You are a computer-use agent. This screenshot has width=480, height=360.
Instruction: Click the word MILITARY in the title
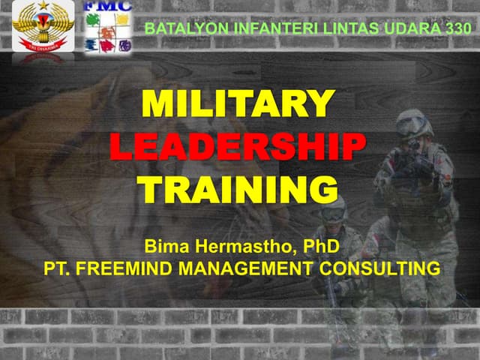point(238,104)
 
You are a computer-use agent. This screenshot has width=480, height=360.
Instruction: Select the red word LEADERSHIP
point(238,146)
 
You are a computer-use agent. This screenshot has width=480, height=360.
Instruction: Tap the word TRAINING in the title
point(238,188)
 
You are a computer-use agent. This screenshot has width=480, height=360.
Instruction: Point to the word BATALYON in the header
point(177,28)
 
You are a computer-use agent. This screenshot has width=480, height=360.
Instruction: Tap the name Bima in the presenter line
point(163,244)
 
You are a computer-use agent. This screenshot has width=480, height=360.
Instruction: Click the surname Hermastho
point(240,244)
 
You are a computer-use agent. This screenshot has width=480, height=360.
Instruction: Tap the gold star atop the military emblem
point(43,6)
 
